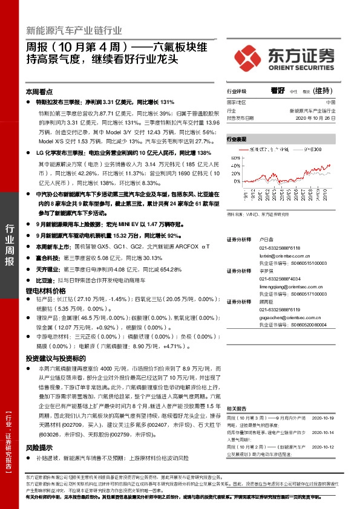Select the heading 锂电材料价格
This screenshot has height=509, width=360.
point(45,291)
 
